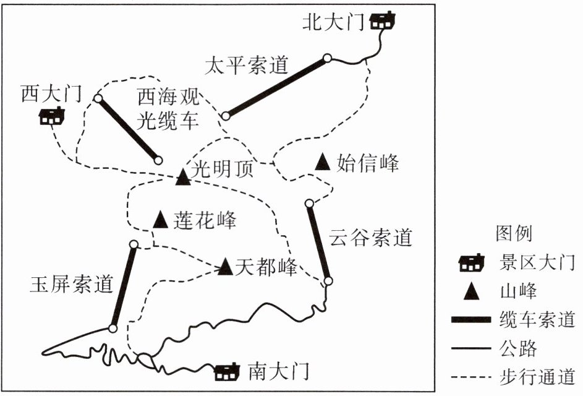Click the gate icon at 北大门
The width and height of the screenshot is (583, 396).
point(383,22)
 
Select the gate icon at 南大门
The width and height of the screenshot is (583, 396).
point(227,372)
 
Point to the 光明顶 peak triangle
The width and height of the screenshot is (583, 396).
point(182,178)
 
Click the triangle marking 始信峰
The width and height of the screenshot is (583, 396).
point(322,162)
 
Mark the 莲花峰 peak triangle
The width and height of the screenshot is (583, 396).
point(161,219)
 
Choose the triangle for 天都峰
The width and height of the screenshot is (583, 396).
point(225,267)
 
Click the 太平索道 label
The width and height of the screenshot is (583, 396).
point(247,66)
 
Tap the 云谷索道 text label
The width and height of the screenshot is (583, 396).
point(370,238)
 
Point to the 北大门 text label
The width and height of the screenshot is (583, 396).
point(333,23)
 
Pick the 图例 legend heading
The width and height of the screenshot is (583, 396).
point(514,233)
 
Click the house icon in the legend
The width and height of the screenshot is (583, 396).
point(470,265)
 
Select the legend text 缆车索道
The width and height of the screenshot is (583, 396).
point(536,319)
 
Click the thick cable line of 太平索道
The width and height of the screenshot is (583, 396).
point(276,87)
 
